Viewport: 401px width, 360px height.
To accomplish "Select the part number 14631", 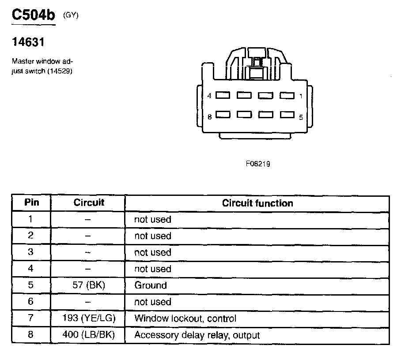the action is pyautogui.click(x=27, y=43).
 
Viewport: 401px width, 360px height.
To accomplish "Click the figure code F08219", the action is pyautogui.click(x=258, y=164).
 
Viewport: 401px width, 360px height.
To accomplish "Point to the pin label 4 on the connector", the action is pyautogui.click(x=210, y=96).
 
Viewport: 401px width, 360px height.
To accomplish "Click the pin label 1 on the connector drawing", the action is pyautogui.click(x=301, y=96).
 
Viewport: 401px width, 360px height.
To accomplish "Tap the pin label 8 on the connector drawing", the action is pyautogui.click(x=210, y=117).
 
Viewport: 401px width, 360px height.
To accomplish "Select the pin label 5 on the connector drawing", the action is pyautogui.click(x=301, y=117).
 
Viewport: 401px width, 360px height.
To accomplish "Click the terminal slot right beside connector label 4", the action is pyautogui.click(x=223, y=95).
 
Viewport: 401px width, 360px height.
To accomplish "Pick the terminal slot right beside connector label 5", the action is pyautogui.click(x=287, y=115).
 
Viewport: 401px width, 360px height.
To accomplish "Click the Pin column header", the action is pyautogui.click(x=31, y=202).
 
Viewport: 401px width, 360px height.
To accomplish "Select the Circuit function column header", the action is pyautogui.click(x=257, y=203).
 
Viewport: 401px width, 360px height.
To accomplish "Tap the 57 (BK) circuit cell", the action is pyautogui.click(x=88, y=285).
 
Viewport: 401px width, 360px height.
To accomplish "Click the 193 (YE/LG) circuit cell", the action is pyautogui.click(x=88, y=318).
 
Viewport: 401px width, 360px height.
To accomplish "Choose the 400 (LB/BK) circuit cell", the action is pyautogui.click(x=88, y=335).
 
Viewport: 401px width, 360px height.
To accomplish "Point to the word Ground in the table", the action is pyautogui.click(x=151, y=285).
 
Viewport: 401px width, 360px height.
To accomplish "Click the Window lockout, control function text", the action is pyautogui.click(x=185, y=319).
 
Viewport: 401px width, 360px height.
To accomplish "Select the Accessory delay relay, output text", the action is pyautogui.click(x=197, y=335).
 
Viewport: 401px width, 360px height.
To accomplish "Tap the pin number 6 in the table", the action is pyautogui.click(x=30, y=302).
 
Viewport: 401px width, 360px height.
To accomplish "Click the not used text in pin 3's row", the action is pyautogui.click(x=152, y=252).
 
